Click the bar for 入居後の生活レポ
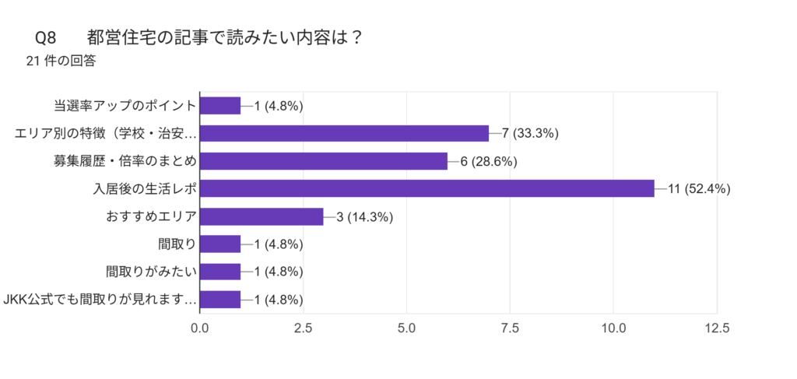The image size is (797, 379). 427,188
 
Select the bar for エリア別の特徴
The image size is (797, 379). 344,133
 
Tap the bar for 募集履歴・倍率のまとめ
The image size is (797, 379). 324,161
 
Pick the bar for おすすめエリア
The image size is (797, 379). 262,216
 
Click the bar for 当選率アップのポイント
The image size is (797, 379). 220,106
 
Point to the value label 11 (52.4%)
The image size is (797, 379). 699,189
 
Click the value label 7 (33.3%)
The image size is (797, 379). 530,133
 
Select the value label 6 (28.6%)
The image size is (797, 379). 489,161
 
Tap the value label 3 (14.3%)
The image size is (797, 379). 364,216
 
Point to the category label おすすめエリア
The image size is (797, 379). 150,216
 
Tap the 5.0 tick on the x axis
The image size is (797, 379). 406,328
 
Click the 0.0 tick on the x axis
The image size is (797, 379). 200,328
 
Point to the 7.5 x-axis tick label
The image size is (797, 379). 510,328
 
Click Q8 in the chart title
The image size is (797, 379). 46,37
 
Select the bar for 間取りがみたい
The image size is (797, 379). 220,272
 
